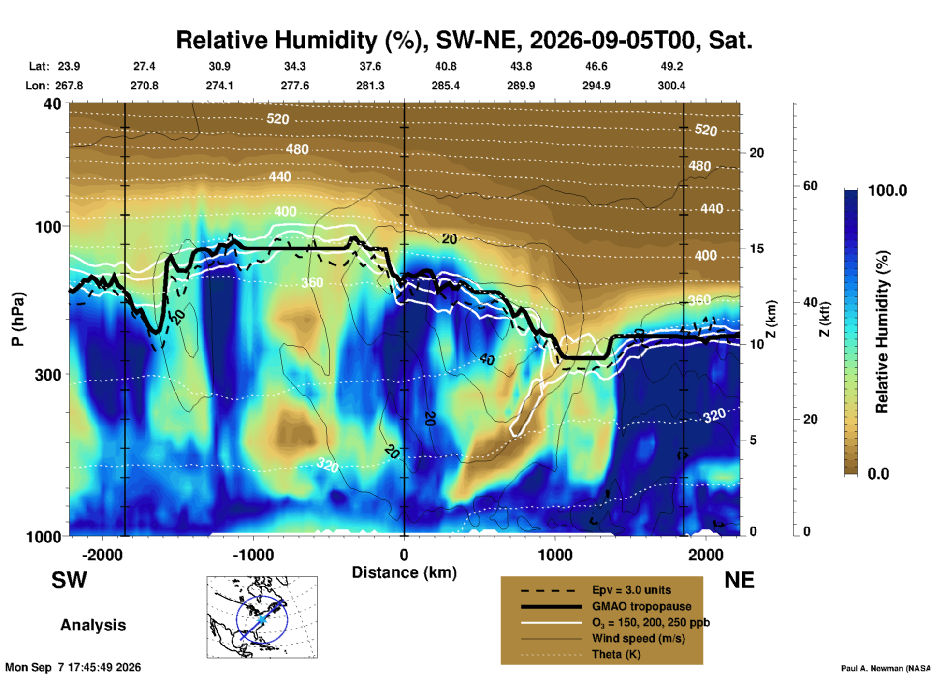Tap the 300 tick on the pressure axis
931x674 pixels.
(48, 375)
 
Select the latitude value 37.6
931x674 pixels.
(370, 66)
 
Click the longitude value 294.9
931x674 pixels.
(596, 86)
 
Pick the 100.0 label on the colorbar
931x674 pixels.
(887, 190)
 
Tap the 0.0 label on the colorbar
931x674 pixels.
(878, 473)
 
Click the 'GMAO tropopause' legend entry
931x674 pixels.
(641, 606)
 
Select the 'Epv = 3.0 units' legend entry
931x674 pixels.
(631, 590)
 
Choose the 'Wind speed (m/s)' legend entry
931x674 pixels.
(638, 638)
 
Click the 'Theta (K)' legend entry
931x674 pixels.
(616, 654)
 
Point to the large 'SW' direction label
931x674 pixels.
(69, 580)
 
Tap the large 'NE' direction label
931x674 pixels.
(739, 580)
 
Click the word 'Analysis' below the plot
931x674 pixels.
(93, 625)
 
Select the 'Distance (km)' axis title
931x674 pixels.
(404, 572)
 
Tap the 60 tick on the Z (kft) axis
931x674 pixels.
(810, 186)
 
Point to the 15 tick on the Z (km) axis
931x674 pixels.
(756, 249)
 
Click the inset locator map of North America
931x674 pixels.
(262, 617)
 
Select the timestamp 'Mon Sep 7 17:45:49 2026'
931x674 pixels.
(73, 667)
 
